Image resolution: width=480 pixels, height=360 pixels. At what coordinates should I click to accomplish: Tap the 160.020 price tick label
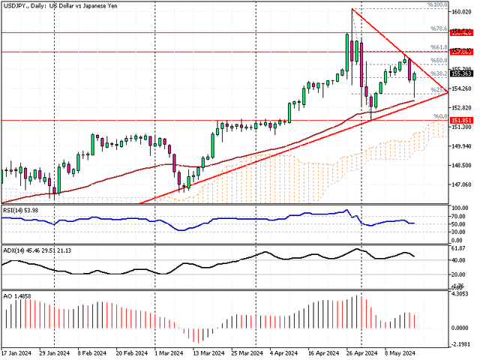461,12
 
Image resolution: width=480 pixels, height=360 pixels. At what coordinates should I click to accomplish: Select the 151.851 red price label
461,120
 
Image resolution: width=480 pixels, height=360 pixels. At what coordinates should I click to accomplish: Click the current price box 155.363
461,74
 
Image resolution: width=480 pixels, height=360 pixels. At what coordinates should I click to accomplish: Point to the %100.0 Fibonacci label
438,5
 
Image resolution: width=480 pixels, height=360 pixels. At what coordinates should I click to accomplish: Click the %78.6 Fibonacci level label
438,28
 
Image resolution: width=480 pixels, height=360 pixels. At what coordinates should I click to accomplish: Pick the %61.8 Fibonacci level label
438,47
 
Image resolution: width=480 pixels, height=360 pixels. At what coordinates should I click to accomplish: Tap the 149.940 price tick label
461,146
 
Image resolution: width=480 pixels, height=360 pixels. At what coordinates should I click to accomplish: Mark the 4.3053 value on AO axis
460,294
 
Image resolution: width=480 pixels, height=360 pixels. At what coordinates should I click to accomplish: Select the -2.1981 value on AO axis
460,344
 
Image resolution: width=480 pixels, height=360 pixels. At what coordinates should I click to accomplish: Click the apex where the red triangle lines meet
448,92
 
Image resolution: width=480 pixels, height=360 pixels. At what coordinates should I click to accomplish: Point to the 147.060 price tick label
461,184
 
